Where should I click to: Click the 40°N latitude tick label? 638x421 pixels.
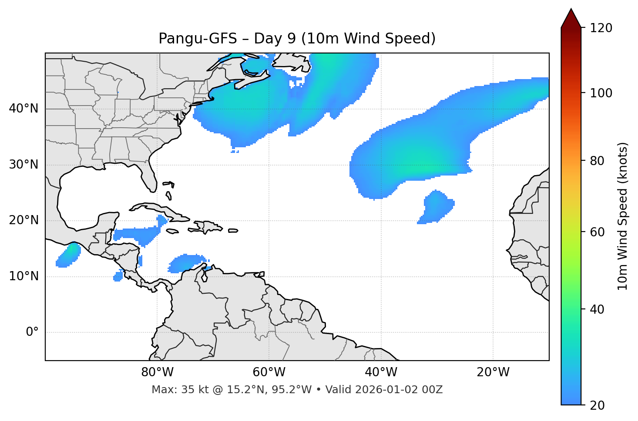[24, 109]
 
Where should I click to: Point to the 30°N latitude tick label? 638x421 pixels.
[24, 165]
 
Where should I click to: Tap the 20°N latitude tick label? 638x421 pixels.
[24, 220]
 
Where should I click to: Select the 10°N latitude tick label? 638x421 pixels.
[24, 276]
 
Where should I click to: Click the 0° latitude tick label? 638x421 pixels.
[32, 332]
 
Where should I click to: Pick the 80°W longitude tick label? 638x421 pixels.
[157, 372]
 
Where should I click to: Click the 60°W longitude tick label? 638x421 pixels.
[269, 372]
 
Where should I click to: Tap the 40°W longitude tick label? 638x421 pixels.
[381, 372]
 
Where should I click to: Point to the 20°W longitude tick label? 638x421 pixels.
[493, 372]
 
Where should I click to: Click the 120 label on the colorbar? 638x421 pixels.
[601, 28]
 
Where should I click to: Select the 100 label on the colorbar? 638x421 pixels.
[601, 93]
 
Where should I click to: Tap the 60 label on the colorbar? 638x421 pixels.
[598, 232]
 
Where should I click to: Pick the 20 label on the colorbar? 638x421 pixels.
[598, 405]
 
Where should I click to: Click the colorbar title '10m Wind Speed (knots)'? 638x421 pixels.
[623, 216]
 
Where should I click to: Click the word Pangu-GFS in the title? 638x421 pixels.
[198, 39]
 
